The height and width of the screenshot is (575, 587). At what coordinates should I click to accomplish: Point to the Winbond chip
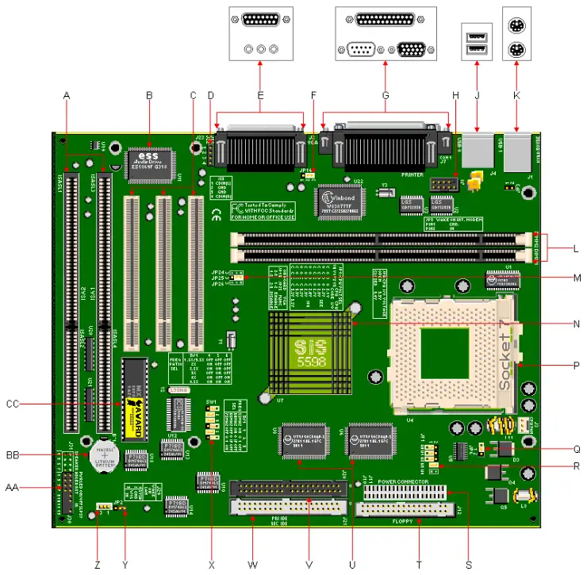point(340,199)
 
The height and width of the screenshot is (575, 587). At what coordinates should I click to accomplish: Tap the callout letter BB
point(12,454)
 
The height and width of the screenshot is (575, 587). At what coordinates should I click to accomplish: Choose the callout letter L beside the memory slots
point(576,249)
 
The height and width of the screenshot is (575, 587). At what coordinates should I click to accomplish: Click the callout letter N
point(576,324)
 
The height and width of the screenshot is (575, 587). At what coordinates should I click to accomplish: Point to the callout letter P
point(576,365)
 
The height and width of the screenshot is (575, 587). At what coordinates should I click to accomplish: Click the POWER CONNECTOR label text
point(403,481)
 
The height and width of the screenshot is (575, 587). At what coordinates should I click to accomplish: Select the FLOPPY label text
point(405,522)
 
